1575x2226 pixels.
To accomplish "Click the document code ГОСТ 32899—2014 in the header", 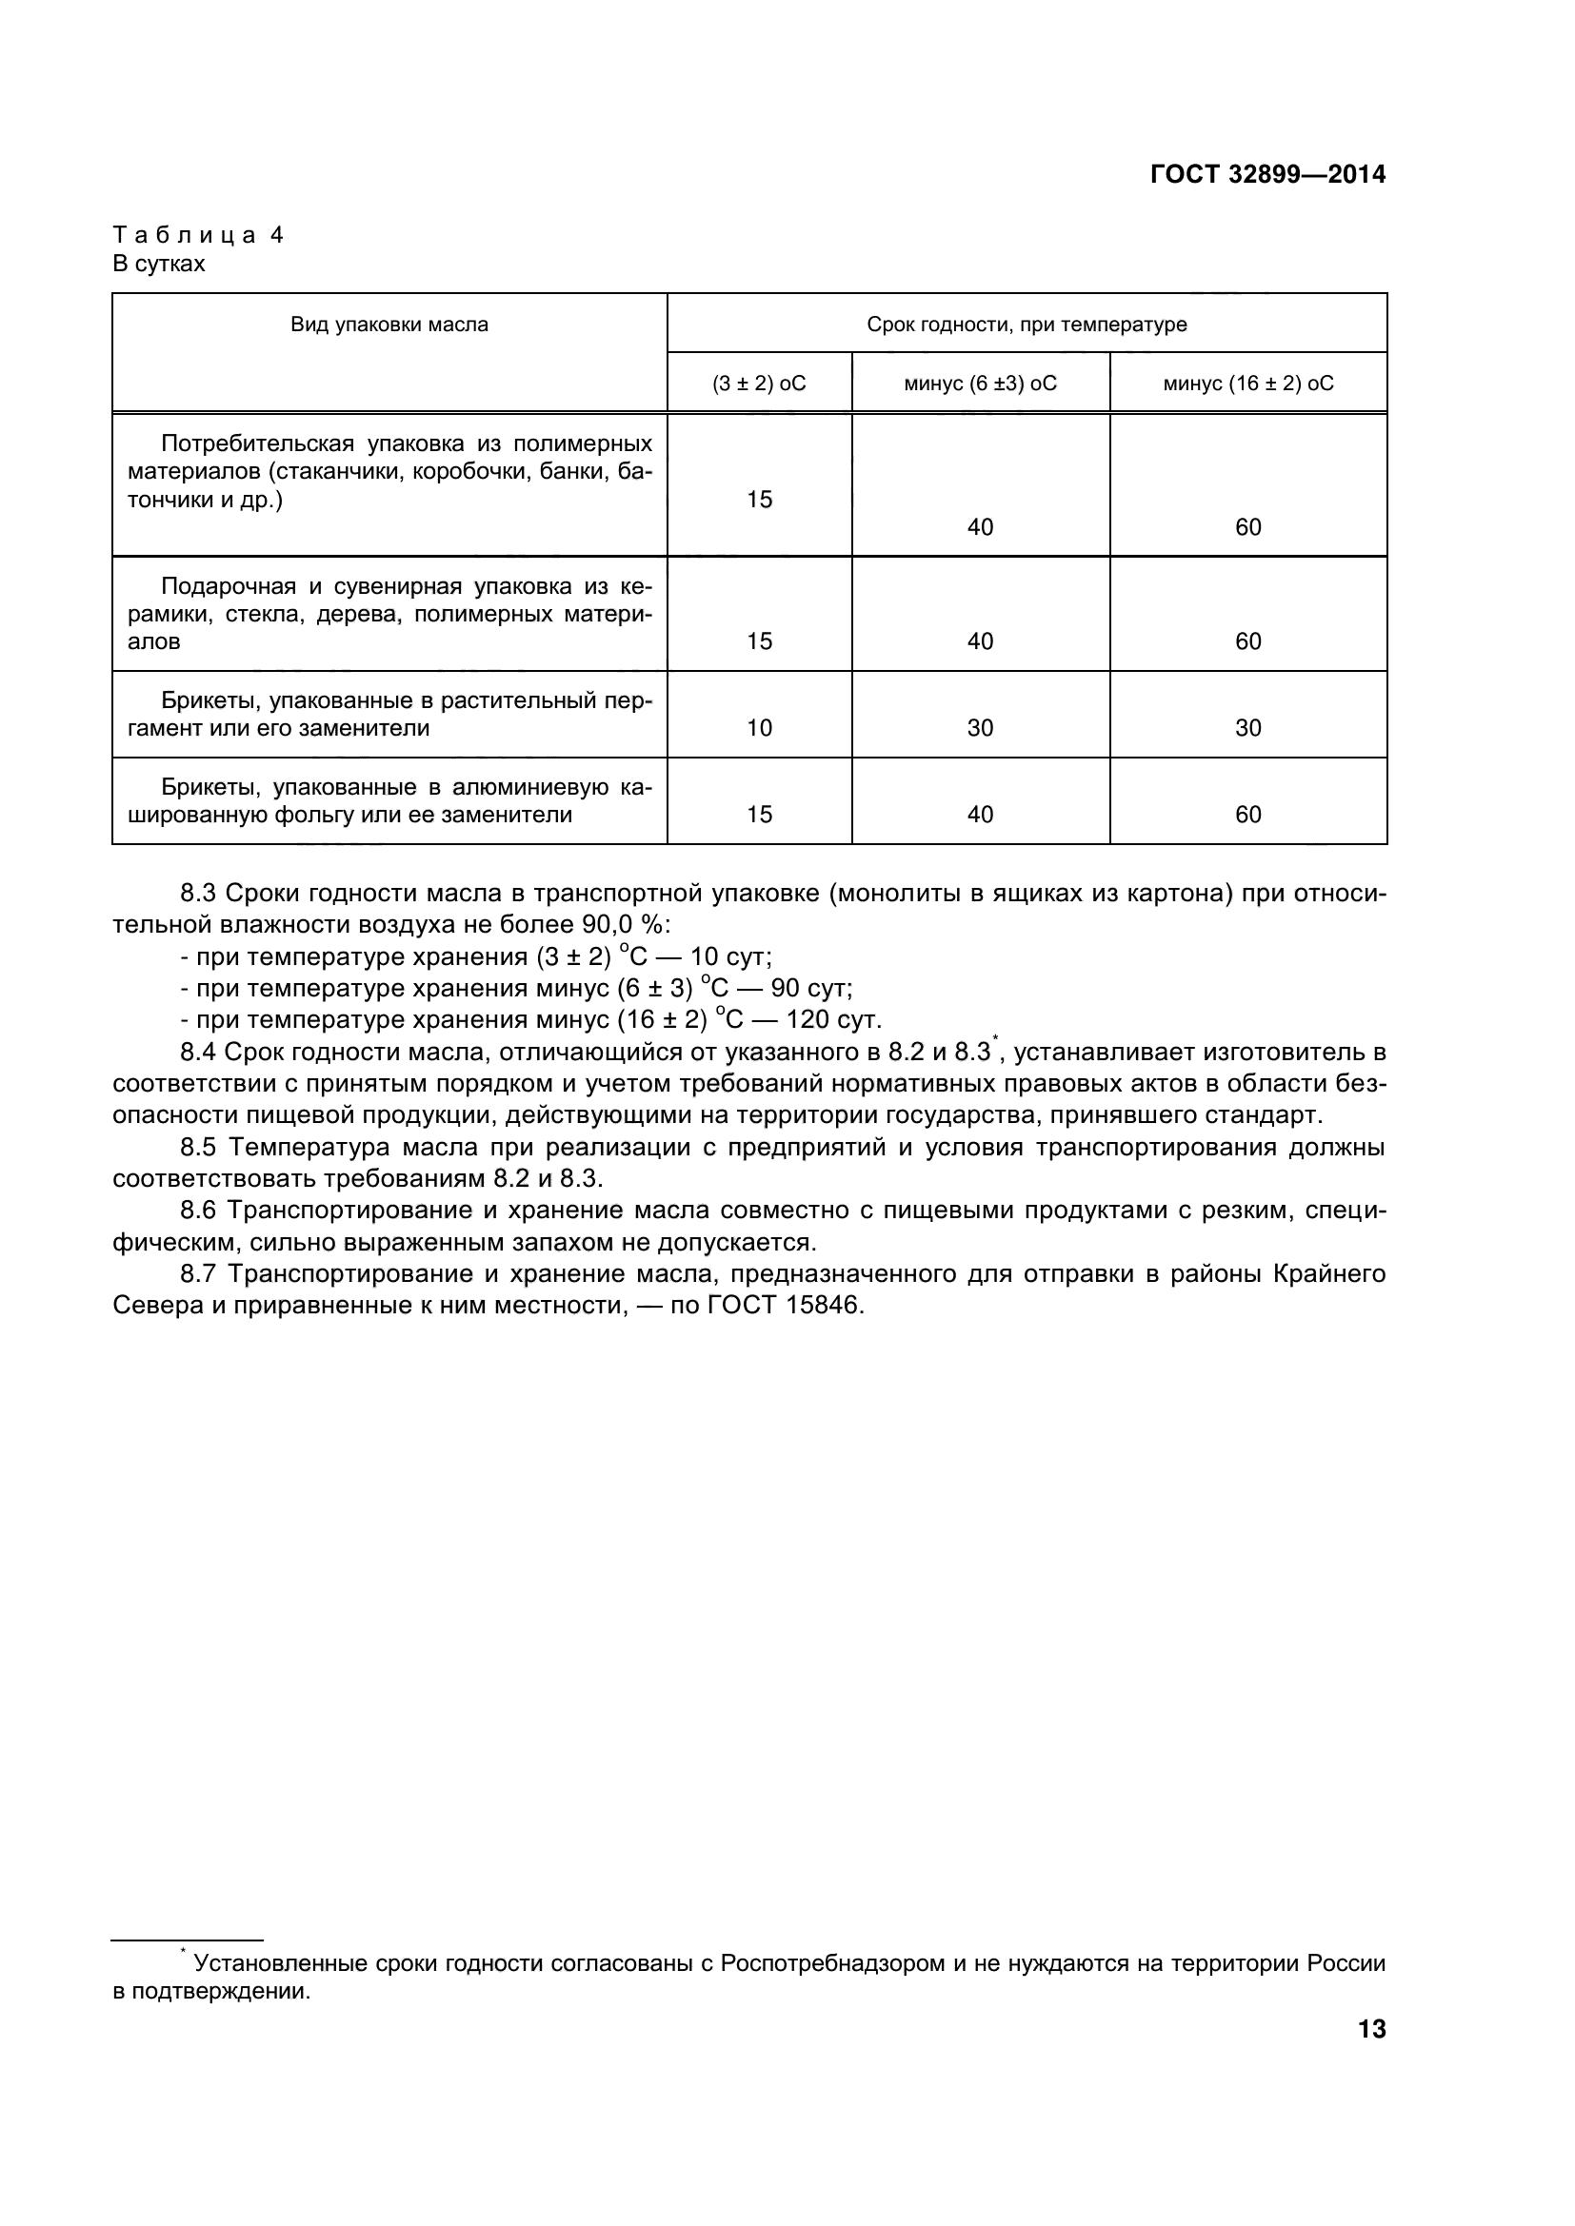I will pyautogui.click(x=1267, y=174).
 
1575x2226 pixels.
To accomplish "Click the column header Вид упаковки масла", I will pyautogui.click(x=389, y=325).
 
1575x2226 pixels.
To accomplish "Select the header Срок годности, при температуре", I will pyautogui.click(x=1027, y=325).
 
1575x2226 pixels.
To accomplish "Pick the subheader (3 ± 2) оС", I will pyautogui.click(x=758, y=384).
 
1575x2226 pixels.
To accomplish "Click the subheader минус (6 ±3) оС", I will pyautogui.click(x=980, y=384).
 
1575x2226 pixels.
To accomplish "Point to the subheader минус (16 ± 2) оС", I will pyautogui.click(x=1247, y=384).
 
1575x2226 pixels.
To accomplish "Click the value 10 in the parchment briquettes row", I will pyautogui.click(x=758, y=728).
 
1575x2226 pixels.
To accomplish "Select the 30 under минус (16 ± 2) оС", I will pyautogui.click(x=1247, y=728).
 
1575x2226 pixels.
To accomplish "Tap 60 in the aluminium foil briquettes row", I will pyautogui.click(x=1247, y=815).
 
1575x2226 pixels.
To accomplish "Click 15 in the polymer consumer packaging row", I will pyautogui.click(x=758, y=500).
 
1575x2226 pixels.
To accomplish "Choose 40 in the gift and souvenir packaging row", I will pyautogui.click(x=980, y=641).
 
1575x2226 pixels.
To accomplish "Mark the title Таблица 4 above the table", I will pyautogui.click(x=198, y=235).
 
